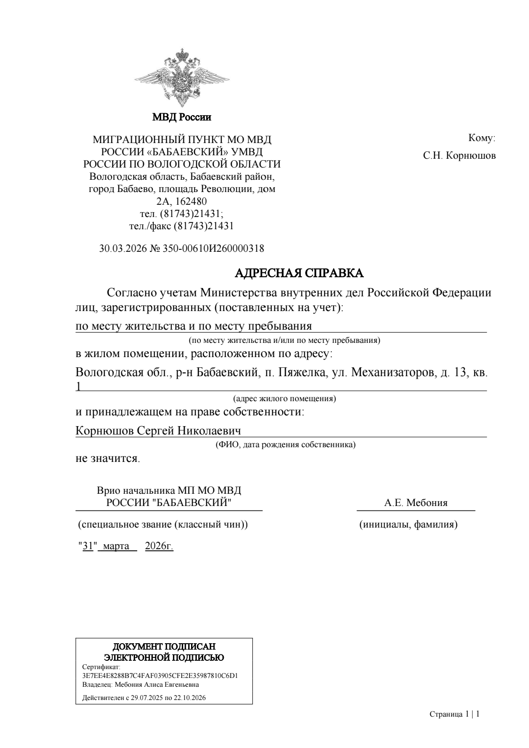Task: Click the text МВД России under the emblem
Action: click(x=182, y=118)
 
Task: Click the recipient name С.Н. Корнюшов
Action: click(x=459, y=156)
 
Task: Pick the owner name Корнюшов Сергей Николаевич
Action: click(x=159, y=431)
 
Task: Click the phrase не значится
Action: click(x=107, y=459)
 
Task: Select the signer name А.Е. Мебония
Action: click(x=416, y=503)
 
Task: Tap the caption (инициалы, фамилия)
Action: click(x=409, y=525)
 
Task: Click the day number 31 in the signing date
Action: click(x=88, y=546)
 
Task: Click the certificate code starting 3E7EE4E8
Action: click(x=160, y=676)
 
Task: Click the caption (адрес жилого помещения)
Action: click(x=284, y=398)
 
